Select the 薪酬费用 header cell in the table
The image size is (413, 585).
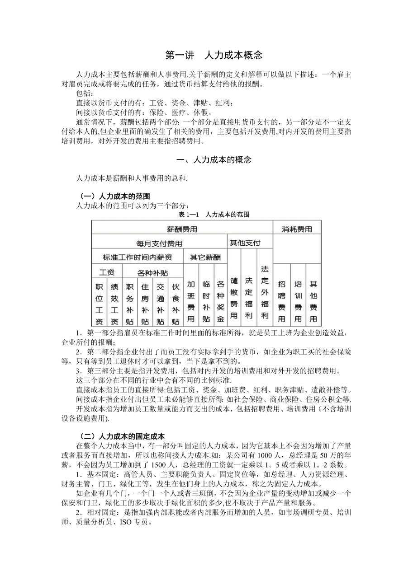coord(182,229)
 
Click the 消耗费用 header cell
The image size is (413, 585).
coord(297,229)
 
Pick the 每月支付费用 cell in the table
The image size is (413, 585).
coord(159,243)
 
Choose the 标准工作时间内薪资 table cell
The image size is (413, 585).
coord(137,257)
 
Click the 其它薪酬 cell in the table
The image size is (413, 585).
coord(205,257)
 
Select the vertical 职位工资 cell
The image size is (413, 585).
coord(99,304)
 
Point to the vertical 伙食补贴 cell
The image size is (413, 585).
coord(176,304)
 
